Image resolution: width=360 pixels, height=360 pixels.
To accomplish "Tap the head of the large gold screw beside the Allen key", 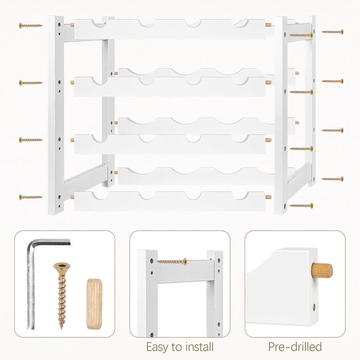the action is click(x=62, y=267).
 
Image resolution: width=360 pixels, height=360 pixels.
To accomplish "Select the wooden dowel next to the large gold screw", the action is click(x=94, y=304).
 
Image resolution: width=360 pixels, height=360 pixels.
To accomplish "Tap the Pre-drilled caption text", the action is click(x=295, y=347).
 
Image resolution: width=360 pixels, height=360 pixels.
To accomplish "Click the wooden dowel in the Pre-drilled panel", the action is click(x=321, y=271).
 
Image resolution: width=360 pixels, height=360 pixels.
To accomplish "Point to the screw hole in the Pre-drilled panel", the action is click(x=314, y=308).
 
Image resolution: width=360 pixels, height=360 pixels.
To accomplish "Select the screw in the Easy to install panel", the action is click(x=172, y=261).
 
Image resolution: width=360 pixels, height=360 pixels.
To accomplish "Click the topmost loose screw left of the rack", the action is click(x=31, y=26).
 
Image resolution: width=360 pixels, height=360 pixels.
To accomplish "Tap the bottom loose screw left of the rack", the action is click(x=31, y=197).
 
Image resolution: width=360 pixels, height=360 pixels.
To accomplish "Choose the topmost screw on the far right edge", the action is click(x=332, y=32).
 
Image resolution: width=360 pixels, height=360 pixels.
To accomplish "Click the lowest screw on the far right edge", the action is click(x=332, y=179).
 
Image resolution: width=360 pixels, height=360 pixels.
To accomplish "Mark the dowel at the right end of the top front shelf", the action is click(x=268, y=25).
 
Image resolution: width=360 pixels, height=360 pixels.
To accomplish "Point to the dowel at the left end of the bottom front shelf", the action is click(x=73, y=197).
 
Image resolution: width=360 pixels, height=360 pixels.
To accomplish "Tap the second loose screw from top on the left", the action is click(x=31, y=83).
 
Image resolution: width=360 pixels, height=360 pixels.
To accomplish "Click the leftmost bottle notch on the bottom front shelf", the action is click(x=100, y=195).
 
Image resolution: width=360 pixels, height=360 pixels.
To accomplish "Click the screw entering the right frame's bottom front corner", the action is click(x=301, y=206).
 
